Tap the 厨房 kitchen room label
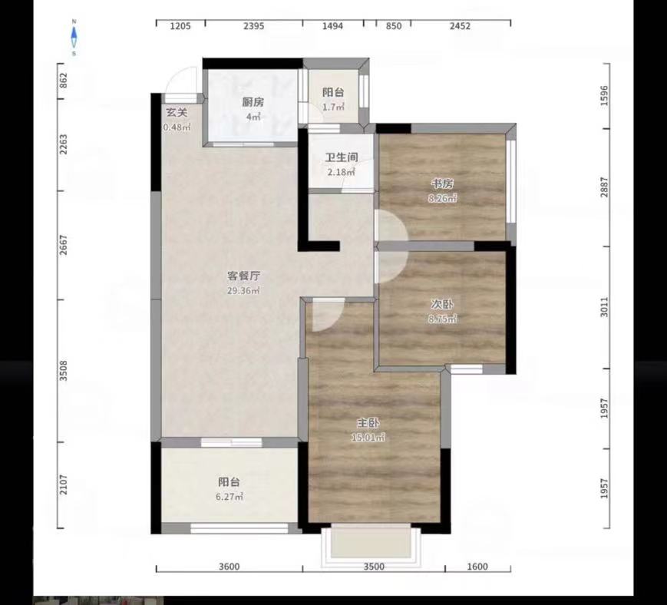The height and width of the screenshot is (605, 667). (x=253, y=102)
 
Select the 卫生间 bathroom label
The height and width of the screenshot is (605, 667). (x=342, y=157)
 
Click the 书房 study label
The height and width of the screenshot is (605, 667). (x=443, y=183)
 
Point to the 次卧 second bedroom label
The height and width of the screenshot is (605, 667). (x=442, y=305)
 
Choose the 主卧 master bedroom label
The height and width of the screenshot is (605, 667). (x=368, y=423)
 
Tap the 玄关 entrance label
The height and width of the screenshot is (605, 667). (x=177, y=113)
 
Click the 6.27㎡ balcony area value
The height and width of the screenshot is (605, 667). (x=230, y=497)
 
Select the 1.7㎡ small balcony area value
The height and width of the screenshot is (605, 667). (x=333, y=107)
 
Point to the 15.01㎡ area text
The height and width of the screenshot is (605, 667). (x=368, y=438)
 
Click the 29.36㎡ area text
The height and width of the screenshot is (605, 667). (x=243, y=290)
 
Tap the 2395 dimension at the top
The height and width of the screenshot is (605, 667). (x=254, y=26)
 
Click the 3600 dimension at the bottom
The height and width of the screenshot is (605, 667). (x=229, y=567)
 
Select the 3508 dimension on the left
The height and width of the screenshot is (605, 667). (x=64, y=371)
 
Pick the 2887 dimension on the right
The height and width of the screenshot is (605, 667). (x=605, y=187)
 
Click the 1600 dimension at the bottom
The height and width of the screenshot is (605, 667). (x=477, y=567)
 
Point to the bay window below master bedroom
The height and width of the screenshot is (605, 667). (x=371, y=545)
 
